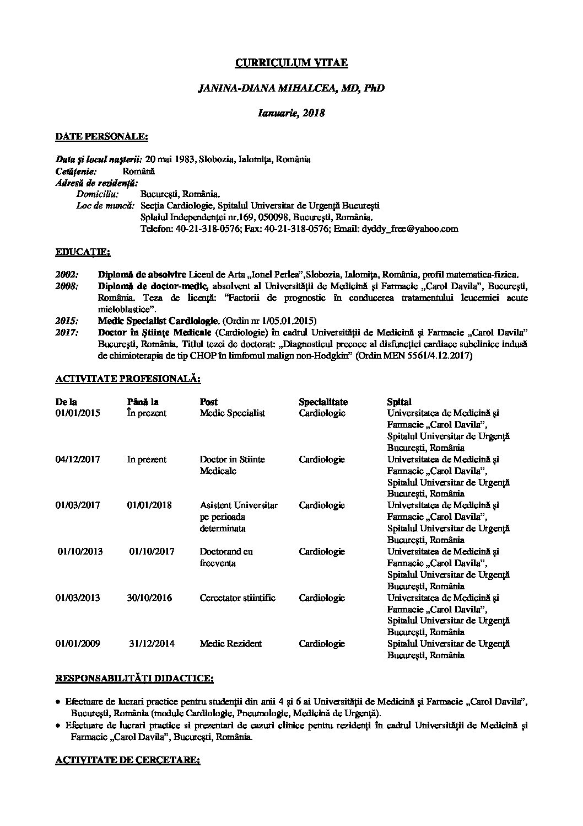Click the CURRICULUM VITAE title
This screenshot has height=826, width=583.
[x=291, y=63]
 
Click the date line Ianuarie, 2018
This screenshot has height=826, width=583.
[x=291, y=113]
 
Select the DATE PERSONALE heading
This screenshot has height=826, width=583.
[x=101, y=136]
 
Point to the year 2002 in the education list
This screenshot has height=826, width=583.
[x=67, y=274]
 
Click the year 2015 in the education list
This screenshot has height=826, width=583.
[x=67, y=321]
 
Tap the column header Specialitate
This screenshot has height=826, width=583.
[x=323, y=402]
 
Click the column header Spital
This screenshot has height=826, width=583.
[x=399, y=402]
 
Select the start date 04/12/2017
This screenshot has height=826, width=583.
[x=78, y=459]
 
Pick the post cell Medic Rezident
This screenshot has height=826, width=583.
[x=230, y=643]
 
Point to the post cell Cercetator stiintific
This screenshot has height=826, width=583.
[x=237, y=598]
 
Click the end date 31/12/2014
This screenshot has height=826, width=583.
[x=152, y=643]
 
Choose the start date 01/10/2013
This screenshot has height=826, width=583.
[x=80, y=551]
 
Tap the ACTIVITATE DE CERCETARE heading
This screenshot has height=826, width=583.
[x=127, y=760]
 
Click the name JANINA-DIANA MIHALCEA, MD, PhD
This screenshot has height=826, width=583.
[x=291, y=88]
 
